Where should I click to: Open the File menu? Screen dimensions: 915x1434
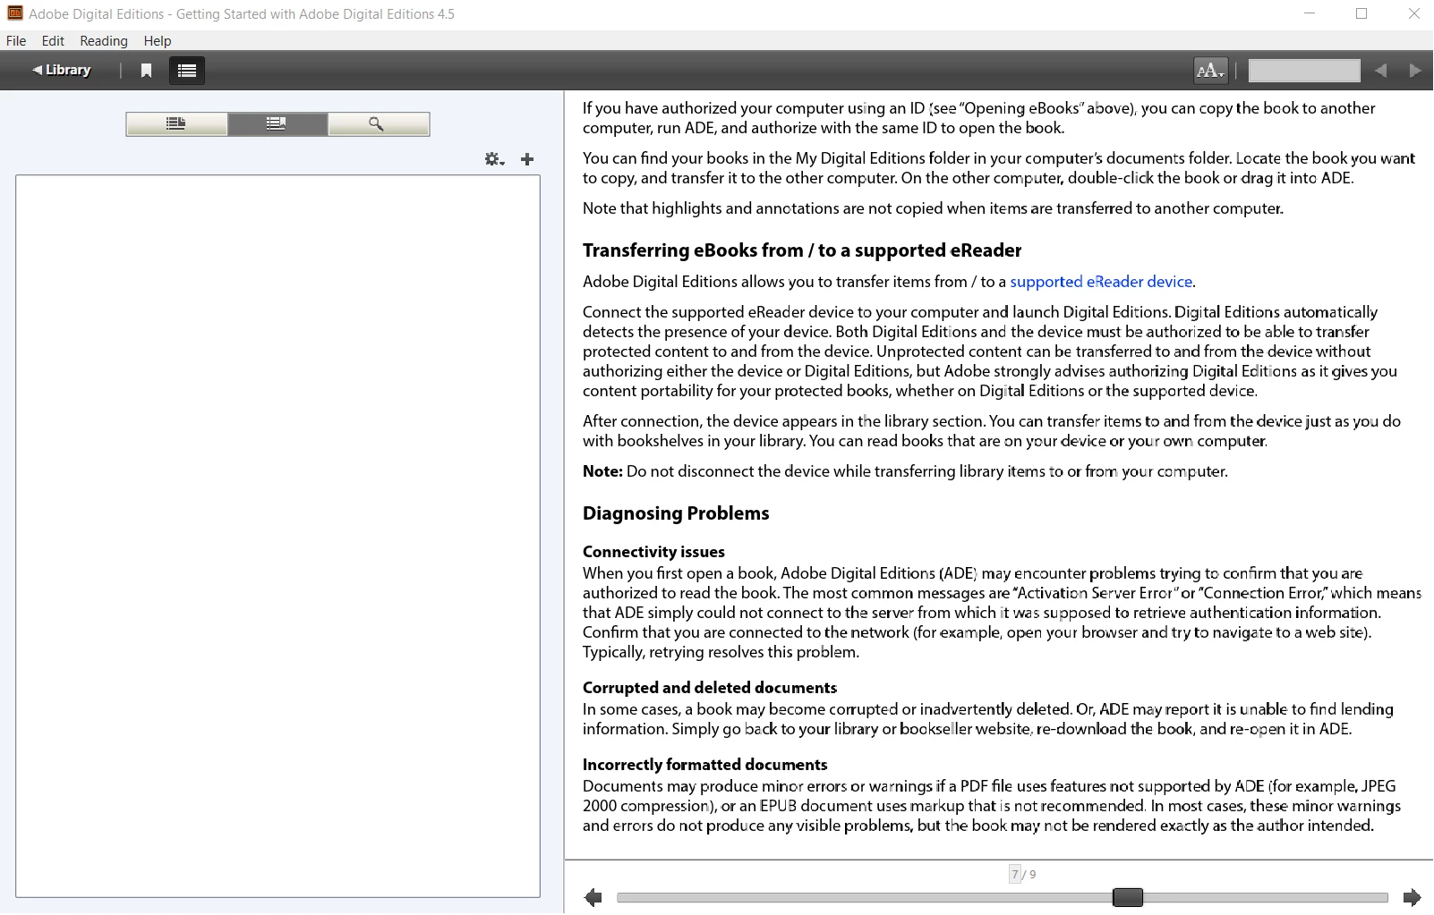point(16,41)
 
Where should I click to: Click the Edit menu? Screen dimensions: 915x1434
point(53,41)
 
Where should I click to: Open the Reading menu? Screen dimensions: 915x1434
point(104,41)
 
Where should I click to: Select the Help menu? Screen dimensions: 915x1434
point(158,41)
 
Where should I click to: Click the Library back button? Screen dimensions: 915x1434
point(62,70)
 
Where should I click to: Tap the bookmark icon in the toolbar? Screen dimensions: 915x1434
point(147,71)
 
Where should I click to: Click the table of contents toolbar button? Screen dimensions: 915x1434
point(187,71)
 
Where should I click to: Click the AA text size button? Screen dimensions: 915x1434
point(1210,71)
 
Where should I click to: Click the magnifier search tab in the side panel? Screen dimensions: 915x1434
point(378,124)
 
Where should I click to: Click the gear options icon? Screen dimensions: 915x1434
point(494,159)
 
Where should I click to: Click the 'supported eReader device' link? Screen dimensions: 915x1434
point(1101,282)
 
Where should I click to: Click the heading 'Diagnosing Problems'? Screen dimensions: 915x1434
point(676,513)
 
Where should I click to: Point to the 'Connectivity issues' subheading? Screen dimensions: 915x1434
point(653,552)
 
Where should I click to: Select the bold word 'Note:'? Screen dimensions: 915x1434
point(602,471)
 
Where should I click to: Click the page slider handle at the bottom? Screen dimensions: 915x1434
point(1128,897)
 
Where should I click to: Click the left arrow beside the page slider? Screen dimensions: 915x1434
point(593,897)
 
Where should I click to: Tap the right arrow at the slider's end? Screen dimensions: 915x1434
point(1412,897)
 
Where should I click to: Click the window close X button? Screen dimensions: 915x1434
point(1414,14)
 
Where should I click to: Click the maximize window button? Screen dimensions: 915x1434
point(1361,14)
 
